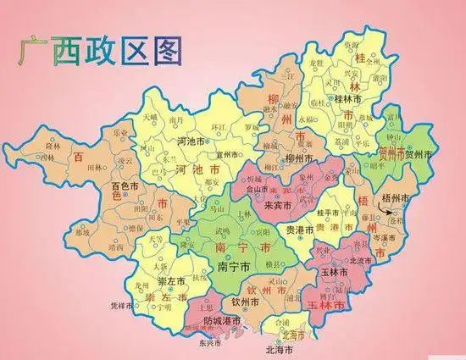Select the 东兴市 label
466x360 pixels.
pyautogui.click(x=209, y=343)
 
